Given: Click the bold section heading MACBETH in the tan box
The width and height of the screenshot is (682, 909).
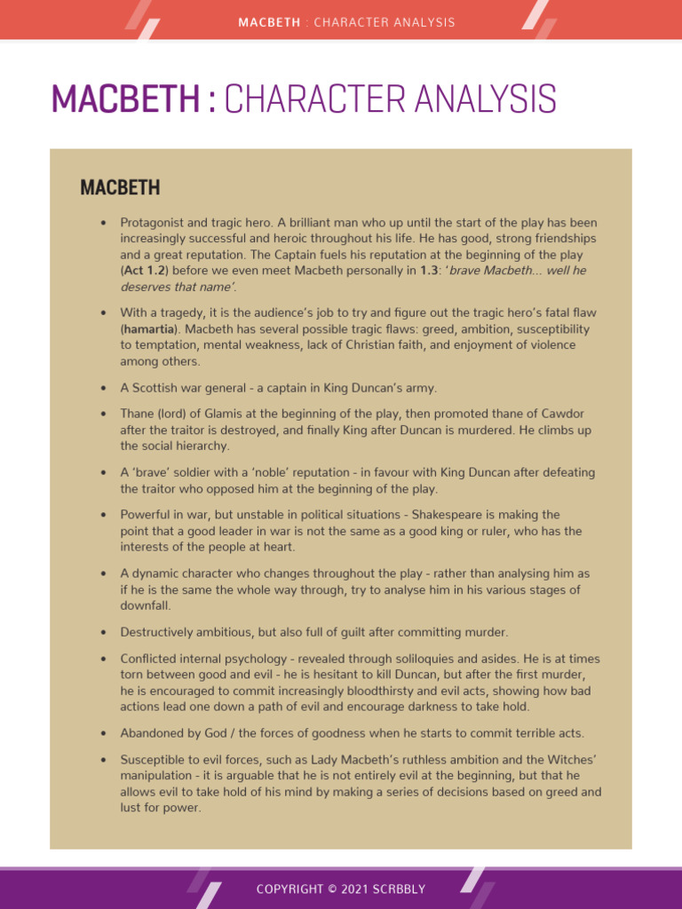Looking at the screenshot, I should tap(120, 187).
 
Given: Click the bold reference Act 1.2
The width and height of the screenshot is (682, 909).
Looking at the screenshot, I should tap(147, 271).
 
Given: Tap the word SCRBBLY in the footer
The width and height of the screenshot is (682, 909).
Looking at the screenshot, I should tap(400, 889).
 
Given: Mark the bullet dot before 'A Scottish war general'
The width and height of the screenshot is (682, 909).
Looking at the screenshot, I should tap(104, 389).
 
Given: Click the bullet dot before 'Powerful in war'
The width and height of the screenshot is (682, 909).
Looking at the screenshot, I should tap(104, 515).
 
